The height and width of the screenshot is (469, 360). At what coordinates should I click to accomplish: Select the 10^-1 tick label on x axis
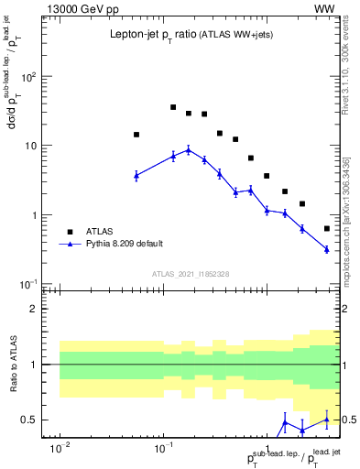click(x=164, y=449)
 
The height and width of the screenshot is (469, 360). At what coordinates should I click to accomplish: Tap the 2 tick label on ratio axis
click(x=40, y=309)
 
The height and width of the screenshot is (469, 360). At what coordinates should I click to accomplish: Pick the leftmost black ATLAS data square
click(x=136, y=135)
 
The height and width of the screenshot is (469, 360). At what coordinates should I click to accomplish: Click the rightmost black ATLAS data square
click(x=327, y=229)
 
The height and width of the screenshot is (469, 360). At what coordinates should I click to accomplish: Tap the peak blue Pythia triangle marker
click(x=189, y=150)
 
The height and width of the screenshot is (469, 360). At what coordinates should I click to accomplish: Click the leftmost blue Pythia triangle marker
click(x=136, y=175)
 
